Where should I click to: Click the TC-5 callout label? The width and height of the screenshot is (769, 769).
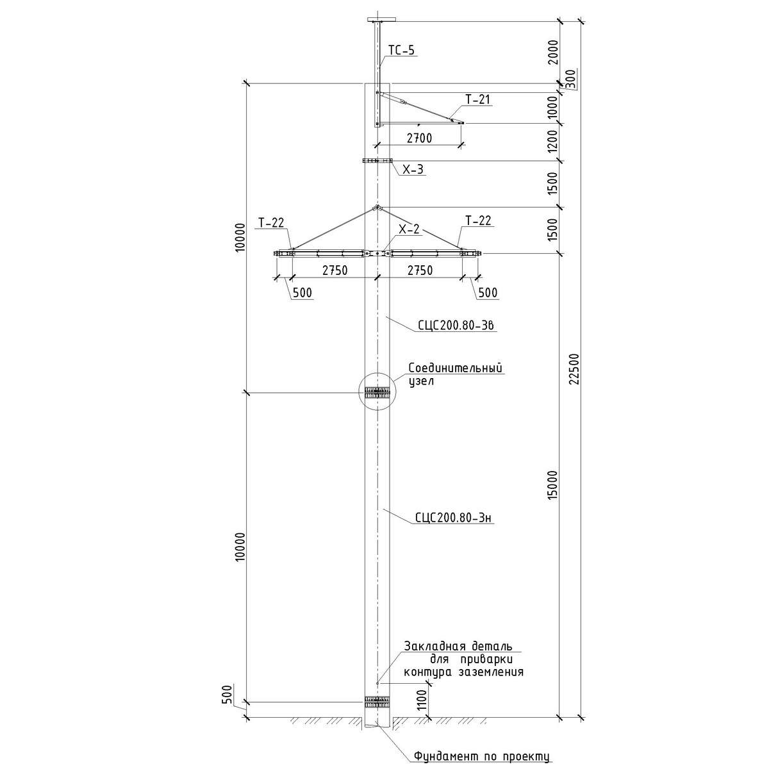pyautogui.click(x=402, y=50)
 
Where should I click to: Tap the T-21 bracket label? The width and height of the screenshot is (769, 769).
pyautogui.click(x=478, y=99)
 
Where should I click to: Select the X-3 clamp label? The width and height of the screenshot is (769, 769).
pyautogui.click(x=413, y=170)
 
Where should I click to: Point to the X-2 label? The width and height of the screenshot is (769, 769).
pyautogui.click(x=411, y=229)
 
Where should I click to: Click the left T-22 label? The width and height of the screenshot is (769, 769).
pyautogui.click(x=271, y=222)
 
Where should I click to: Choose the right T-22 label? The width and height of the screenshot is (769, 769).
pyautogui.click(x=478, y=221)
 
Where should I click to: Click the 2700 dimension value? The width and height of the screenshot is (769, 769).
pyautogui.click(x=420, y=138)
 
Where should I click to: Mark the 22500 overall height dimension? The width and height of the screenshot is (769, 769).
pyautogui.click(x=574, y=368)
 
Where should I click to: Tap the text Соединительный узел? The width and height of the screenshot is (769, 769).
pyautogui.click(x=456, y=374)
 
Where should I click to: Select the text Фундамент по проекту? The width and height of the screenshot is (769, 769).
pyautogui.click(x=482, y=756)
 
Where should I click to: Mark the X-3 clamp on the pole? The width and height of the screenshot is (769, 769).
pyautogui.click(x=377, y=161)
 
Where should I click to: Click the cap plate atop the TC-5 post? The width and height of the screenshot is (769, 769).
pyautogui.click(x=377, y=20)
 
